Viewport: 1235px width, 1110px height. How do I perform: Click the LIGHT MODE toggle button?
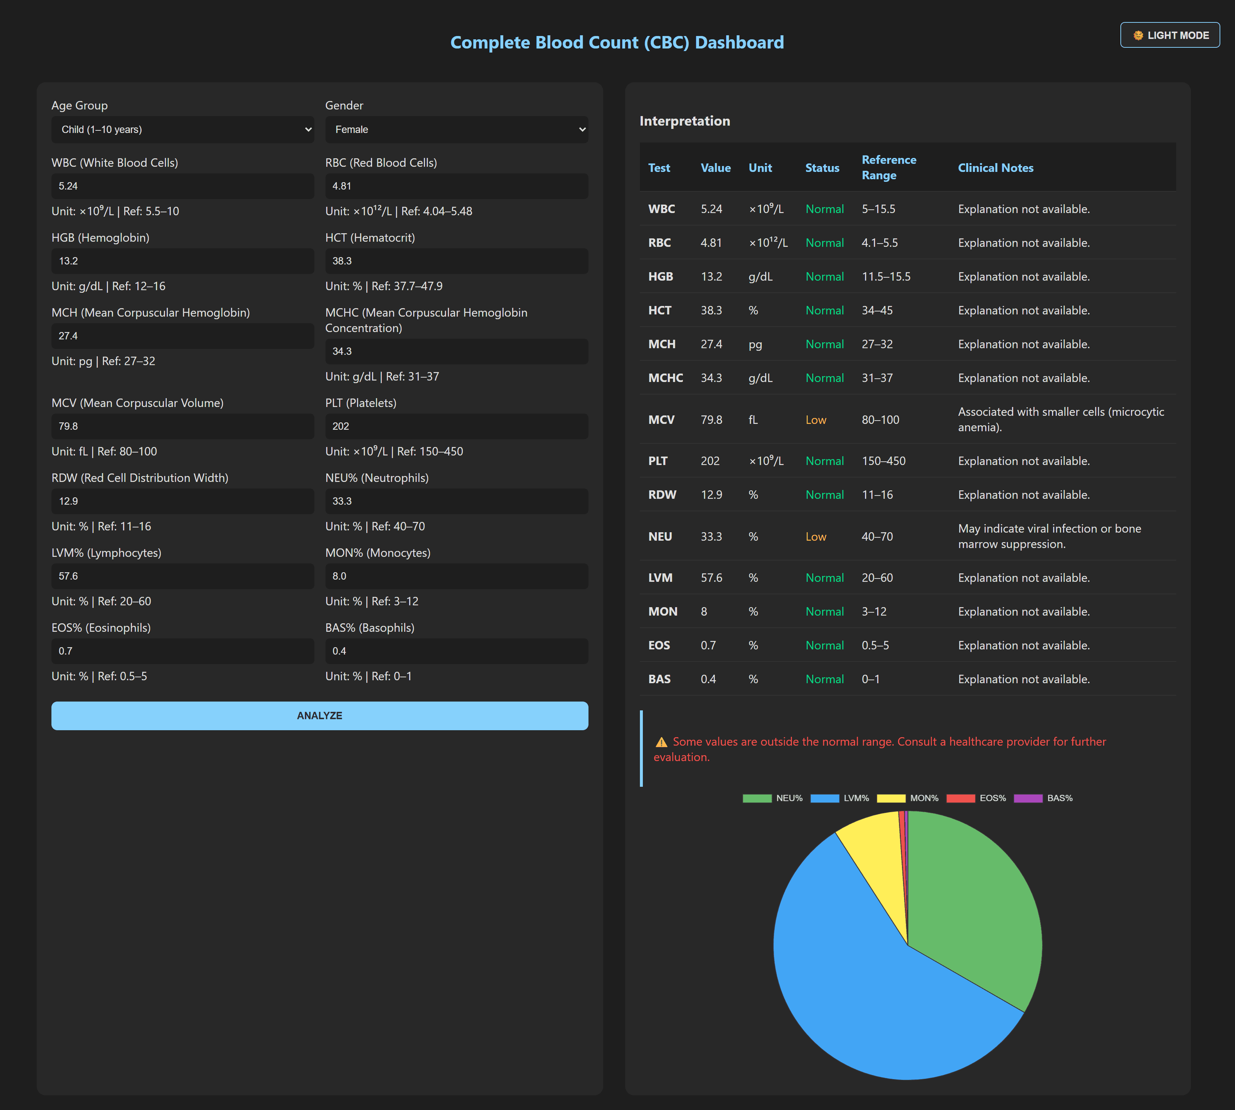(1170, 35)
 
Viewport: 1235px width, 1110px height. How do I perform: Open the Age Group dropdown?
(182, 129)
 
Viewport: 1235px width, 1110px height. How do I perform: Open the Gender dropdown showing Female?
(456, 129)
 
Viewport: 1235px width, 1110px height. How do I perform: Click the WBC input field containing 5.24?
(182, 186)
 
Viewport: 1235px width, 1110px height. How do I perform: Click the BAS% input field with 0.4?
(456, 651)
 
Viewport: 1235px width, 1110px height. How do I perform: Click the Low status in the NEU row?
(815, 537)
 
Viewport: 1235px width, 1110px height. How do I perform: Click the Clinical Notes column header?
(995, 168)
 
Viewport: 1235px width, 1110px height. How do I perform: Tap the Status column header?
(821, 168)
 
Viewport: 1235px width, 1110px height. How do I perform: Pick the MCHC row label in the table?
(665, 378)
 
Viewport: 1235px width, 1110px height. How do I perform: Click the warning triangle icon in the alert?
(661, 742)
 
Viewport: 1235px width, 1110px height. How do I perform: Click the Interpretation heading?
(684, 121)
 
